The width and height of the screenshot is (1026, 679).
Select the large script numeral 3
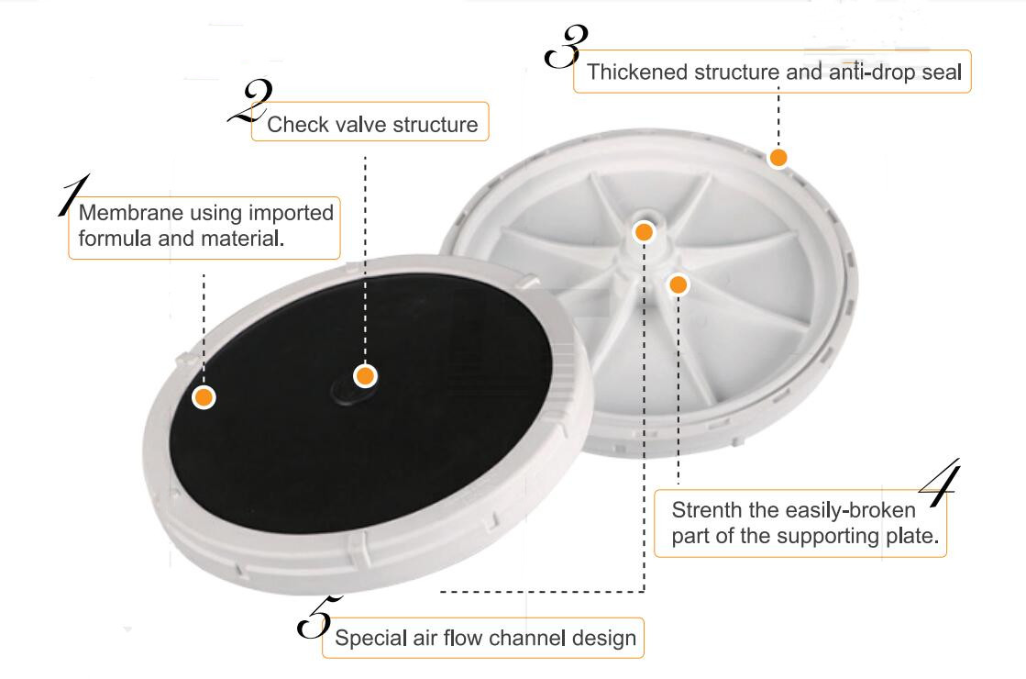(565, 46)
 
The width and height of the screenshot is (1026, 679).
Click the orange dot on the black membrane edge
(204, 397)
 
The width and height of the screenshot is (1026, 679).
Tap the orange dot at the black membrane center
(365, 375)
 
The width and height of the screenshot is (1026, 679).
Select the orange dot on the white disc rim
(778, 158)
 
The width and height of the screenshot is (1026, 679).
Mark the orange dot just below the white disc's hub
(678, 284)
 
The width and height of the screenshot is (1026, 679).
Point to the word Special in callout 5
(367, 638)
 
